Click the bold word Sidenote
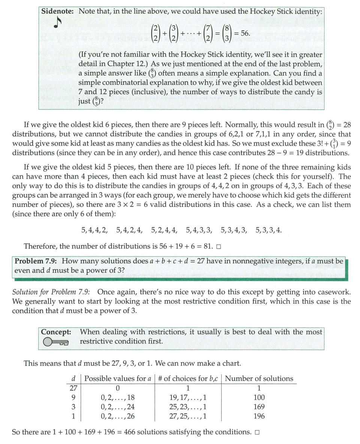tap(58, 11)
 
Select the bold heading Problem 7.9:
tap(36, 261)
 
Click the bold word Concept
tap(56, 332)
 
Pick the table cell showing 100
tap(259, 397)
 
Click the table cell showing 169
tap(259, 407)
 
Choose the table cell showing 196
tap(259, 416)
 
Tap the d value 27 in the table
tap(73, 388)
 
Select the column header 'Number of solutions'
tap(259, 378)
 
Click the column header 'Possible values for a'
tap(118, 378)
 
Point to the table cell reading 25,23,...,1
tap(188, 407)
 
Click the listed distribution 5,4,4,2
tap(94, 229)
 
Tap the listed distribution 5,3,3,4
tap(268, 229)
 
